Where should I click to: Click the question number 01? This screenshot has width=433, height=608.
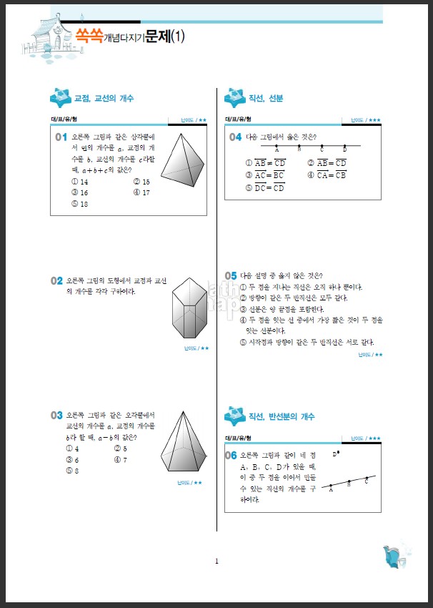point(60,137)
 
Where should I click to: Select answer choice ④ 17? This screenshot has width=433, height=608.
point(141,192)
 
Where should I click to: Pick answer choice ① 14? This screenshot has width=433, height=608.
point(80,182)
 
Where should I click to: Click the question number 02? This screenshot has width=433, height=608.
point(57,281)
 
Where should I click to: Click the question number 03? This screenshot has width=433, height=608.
point(57,416)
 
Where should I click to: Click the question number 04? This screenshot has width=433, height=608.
point(235,137)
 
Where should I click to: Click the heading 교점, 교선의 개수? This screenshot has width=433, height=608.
point(104,99)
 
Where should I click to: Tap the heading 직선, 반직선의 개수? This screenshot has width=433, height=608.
point(282,416)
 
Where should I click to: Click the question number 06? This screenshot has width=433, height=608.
point(231,455)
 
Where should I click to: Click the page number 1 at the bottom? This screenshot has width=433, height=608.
point(216,561)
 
